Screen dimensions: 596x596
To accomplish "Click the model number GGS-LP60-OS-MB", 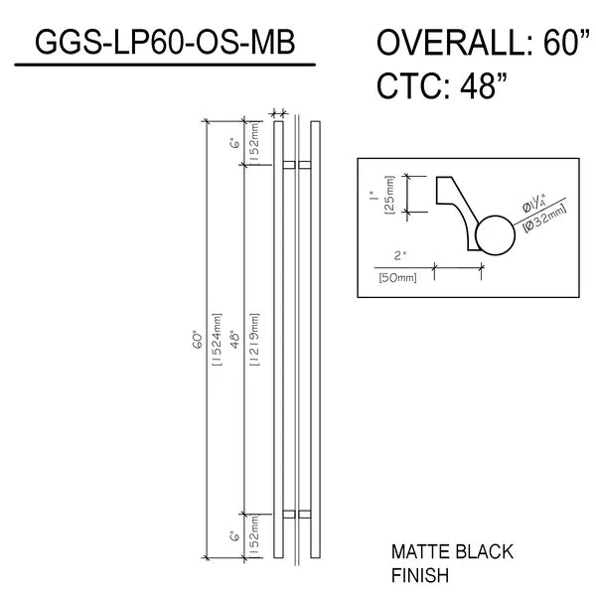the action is [x=165, y=42].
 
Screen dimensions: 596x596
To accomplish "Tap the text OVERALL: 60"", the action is [x=483, y=42].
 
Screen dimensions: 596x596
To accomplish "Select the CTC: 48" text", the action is [x=442, y=85].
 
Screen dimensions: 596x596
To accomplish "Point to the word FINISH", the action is [x=420, y=575].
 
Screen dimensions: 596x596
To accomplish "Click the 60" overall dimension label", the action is [x=198, y=341].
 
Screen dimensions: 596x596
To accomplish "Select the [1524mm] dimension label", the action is [x=217, y=340].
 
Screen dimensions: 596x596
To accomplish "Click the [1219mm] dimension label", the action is [x=254, y=340].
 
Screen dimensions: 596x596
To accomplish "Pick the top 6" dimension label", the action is [x=235, y=144].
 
